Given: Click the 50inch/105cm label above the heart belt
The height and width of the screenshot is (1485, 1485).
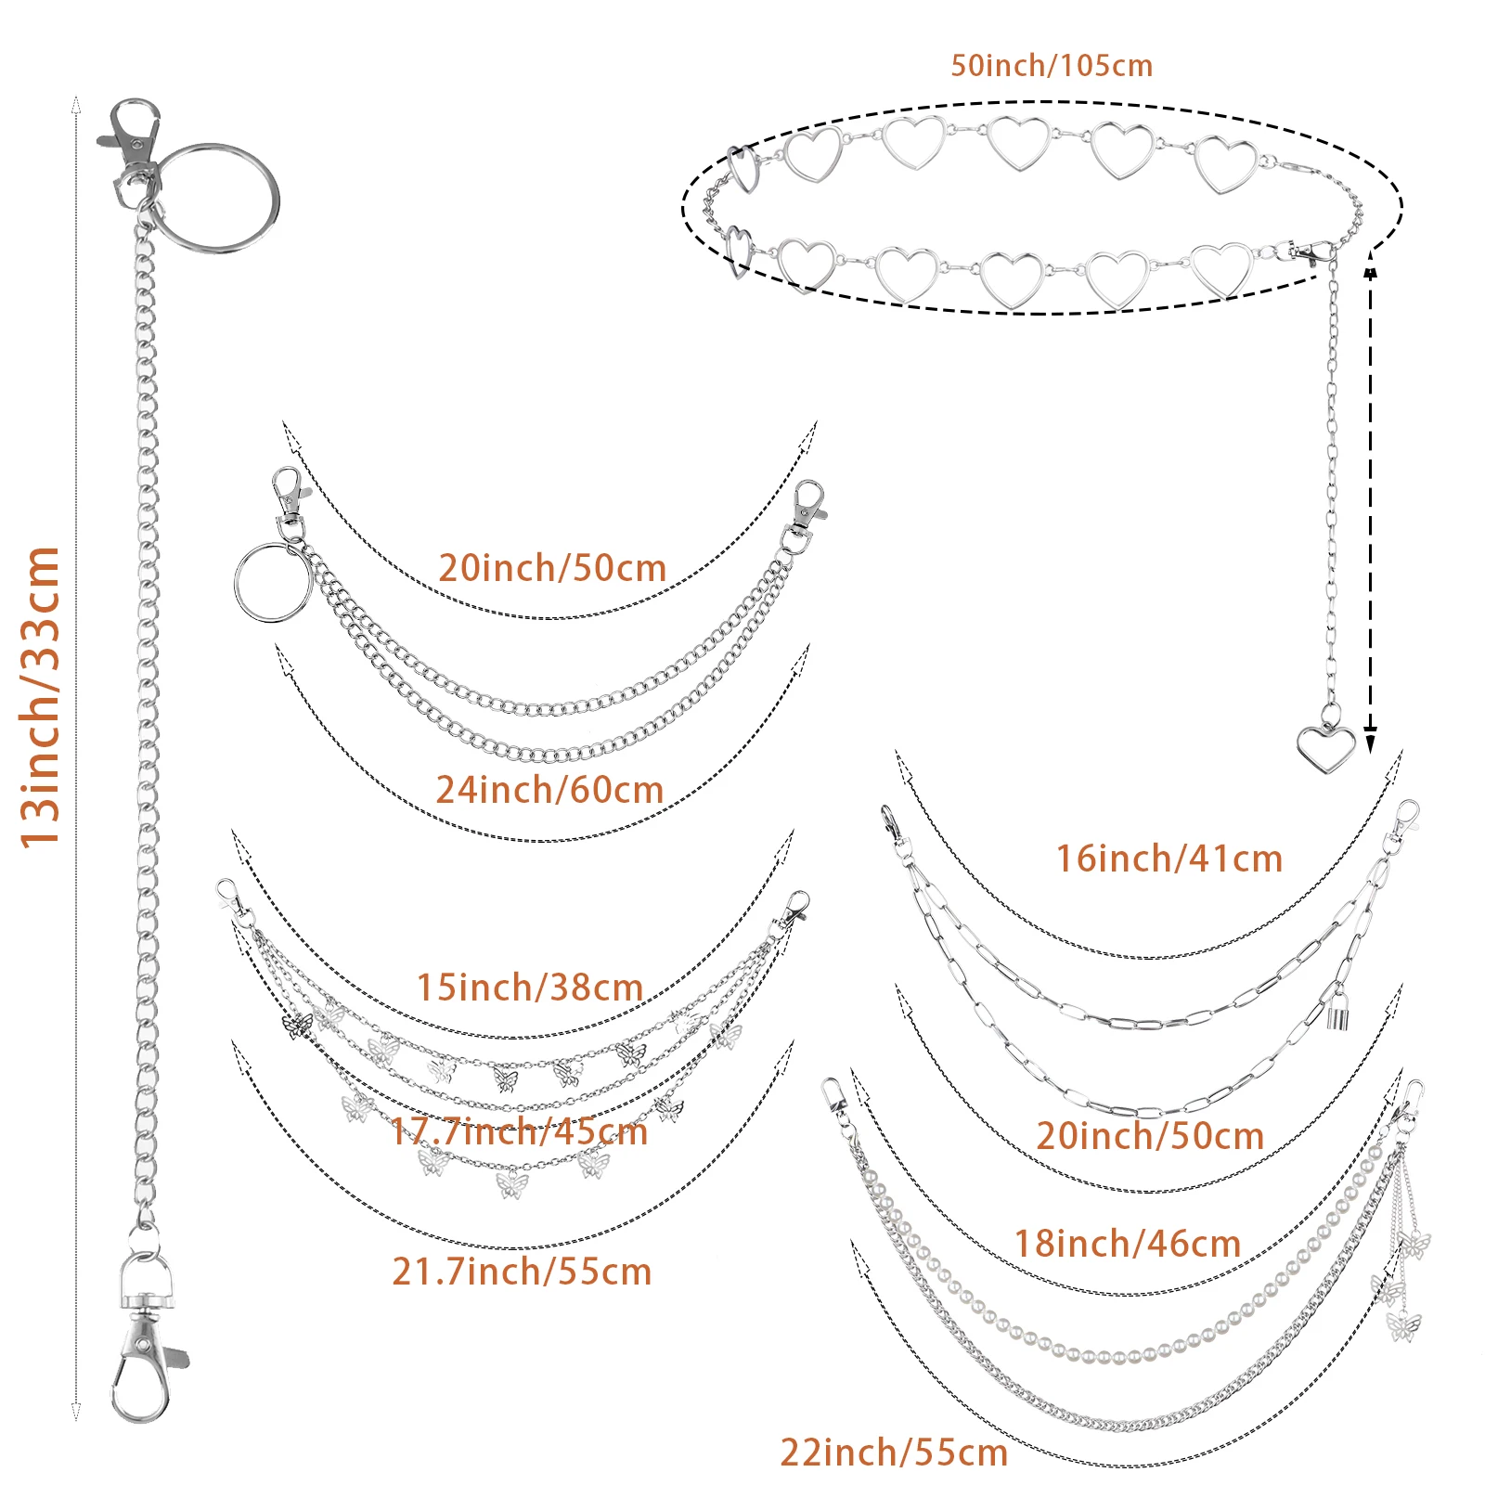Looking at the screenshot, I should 1052,66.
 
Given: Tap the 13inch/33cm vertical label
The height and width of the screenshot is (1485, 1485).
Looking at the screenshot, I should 42,696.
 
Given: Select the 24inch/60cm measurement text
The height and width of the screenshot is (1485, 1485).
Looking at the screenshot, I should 549,790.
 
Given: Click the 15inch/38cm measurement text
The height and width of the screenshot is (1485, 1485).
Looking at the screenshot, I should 530,988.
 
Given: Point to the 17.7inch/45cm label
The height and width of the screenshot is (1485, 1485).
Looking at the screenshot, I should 519,1131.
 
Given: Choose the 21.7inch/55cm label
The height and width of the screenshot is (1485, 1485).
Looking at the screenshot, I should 522,1272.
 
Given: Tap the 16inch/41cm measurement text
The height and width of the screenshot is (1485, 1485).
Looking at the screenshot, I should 1169,859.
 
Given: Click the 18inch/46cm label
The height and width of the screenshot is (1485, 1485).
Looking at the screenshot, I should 1128,1244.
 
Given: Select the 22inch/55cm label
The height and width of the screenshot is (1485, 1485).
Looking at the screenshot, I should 894,1453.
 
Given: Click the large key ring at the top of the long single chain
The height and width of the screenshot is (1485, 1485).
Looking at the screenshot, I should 221,198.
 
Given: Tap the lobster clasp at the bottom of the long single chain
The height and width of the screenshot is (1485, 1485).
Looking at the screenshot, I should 144,1374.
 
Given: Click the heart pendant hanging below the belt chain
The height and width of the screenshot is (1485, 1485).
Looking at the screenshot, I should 1325,748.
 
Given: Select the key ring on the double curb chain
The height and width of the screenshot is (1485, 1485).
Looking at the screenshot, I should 271,582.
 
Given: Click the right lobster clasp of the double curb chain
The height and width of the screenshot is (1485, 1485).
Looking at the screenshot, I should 807,506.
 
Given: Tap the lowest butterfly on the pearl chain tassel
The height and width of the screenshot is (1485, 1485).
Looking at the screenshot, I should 1403,1327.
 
